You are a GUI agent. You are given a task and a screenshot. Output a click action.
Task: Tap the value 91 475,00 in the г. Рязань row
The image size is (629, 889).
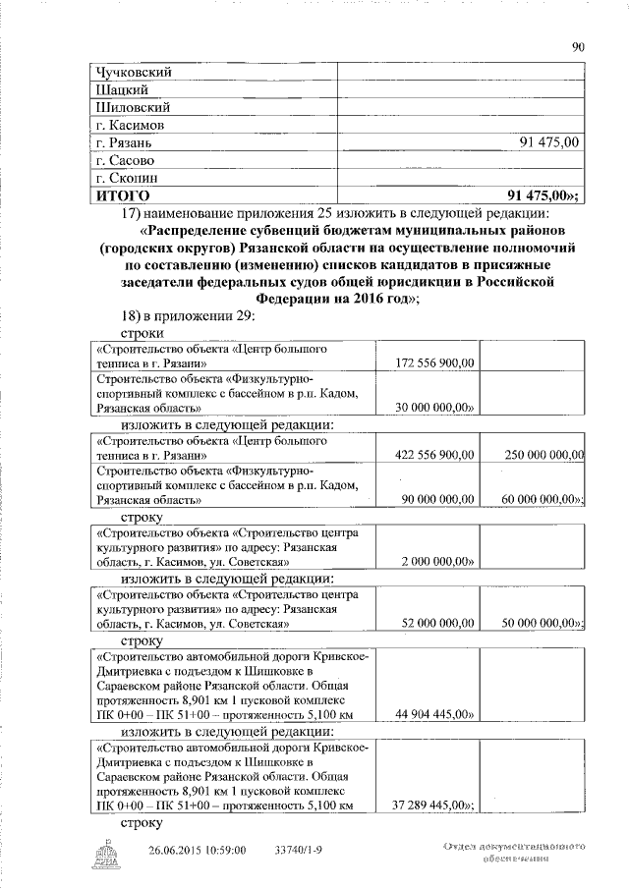pos(549,143)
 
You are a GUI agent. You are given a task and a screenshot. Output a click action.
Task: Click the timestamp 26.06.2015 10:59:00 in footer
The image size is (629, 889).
pos(197,850)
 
